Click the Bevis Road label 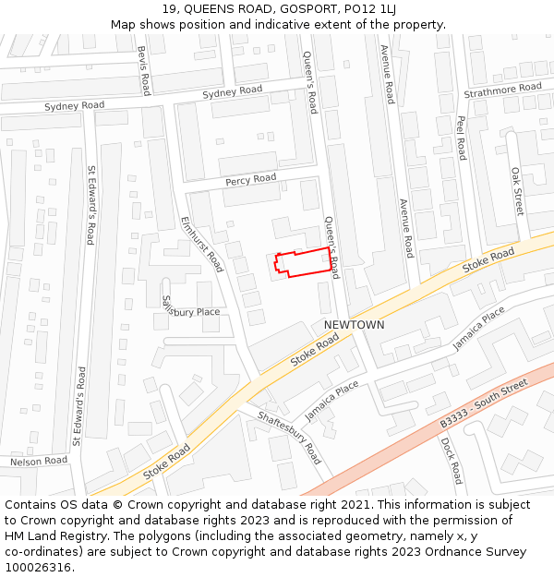tap(143, 71)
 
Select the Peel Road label tap(461, 137)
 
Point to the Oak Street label tap(517, 191)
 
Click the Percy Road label tap(250, 179)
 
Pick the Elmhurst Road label tap(202, 244)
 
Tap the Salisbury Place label tap(190, 307)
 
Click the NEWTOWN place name tap(354, 326)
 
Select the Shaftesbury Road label tap(291, 438)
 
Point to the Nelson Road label tap(39, 461)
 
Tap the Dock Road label tap(452, 460)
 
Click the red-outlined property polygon tap(304, 263)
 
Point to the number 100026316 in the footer tap(38, 567)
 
